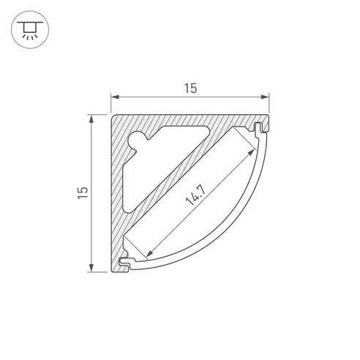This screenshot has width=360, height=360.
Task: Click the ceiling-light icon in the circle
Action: click(x=30, y=30)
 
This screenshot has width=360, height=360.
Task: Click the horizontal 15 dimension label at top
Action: click(x=190, y=89)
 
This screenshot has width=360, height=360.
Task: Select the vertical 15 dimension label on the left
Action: click(x=83, y=192)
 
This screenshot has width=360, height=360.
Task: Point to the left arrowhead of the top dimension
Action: click(x=115, y=97)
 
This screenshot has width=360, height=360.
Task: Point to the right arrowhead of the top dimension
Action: click(x=265, y=97)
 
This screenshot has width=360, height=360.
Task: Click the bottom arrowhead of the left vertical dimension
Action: click(x=91, y=268)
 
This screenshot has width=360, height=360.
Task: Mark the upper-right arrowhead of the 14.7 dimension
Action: click(x=251, y=153)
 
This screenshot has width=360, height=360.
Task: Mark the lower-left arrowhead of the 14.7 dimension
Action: click(x=150, y=253)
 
